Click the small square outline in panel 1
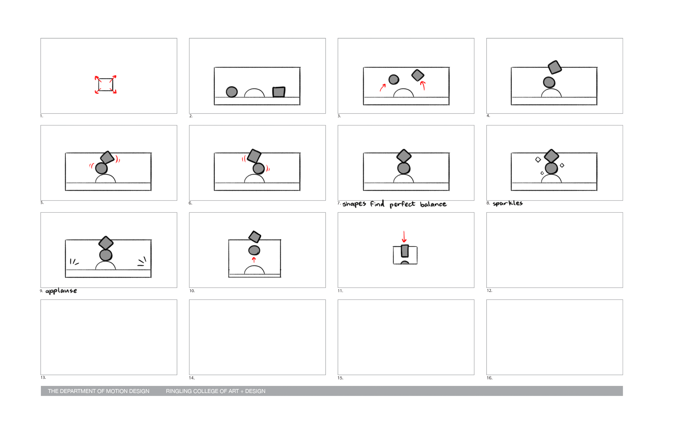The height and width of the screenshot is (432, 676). coord(99,84)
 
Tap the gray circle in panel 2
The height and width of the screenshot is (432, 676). coord(232,92)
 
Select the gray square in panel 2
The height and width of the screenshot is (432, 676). coord(279,92)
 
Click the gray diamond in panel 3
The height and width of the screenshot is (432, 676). coord(418,75)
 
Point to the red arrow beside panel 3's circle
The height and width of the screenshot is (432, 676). coord(382,87)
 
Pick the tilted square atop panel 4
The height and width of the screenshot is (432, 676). coord(555,67)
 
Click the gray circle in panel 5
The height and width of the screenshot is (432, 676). coord(101,168)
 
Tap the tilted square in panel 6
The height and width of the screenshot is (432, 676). coord(254,156)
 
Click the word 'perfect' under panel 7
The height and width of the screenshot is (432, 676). coord(402,204)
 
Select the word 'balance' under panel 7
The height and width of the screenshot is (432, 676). coord(433,204)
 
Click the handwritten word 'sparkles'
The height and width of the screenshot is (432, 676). coord(507,203)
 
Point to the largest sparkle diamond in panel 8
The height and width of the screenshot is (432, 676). coord(538,160)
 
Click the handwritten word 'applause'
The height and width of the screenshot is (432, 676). coord(61,291)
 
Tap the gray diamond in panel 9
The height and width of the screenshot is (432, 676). coord(106,243)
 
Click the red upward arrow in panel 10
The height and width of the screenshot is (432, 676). coord(254,260)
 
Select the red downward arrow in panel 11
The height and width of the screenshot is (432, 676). coord(404,236)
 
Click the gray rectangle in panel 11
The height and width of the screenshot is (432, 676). coord(405,251)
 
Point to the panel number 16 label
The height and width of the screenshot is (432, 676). coord(490,378)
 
